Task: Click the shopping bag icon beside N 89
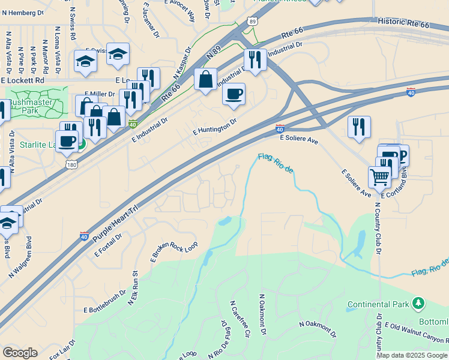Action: pyautogui.click(x=205, y=79)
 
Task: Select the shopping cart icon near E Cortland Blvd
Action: pyautogui.click(x=379, y=176)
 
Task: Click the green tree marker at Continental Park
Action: pyautogui.click(x=418, y=304)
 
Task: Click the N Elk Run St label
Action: pyautogui.click(x=133, y=288)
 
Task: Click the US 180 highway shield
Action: pyautogui.click(x=70, y=164)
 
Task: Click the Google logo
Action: pyautogui.click(x=20, y=353)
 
